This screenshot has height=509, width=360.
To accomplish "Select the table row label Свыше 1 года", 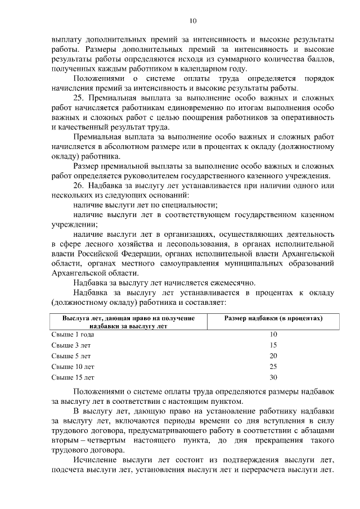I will click(73, 334).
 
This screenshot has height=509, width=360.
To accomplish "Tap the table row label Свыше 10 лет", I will click(73, 366).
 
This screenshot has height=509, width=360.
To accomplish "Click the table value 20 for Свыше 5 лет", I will click(273, 355).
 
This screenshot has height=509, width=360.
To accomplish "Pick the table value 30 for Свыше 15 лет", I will click(273, 377).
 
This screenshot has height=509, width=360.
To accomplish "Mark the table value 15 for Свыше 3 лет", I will click(273, 345).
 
